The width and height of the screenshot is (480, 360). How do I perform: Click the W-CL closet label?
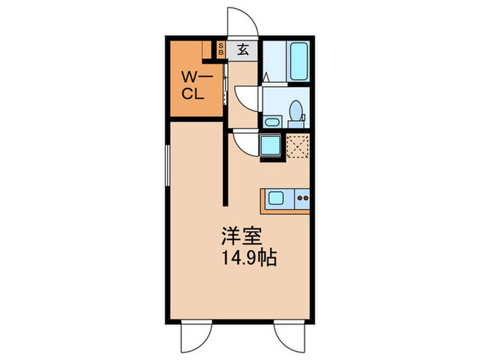point(194,86)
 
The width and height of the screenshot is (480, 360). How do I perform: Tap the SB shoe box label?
point(221,49)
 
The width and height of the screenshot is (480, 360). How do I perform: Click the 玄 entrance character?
point(243,49)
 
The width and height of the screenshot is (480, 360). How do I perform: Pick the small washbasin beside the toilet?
point(272,123)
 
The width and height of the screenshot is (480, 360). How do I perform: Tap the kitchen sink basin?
point(276,199)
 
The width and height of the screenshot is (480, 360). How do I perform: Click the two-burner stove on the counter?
point(302,200)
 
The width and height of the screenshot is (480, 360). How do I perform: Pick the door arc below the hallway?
point(245,143)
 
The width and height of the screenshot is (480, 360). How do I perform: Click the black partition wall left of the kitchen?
point(225,165)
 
